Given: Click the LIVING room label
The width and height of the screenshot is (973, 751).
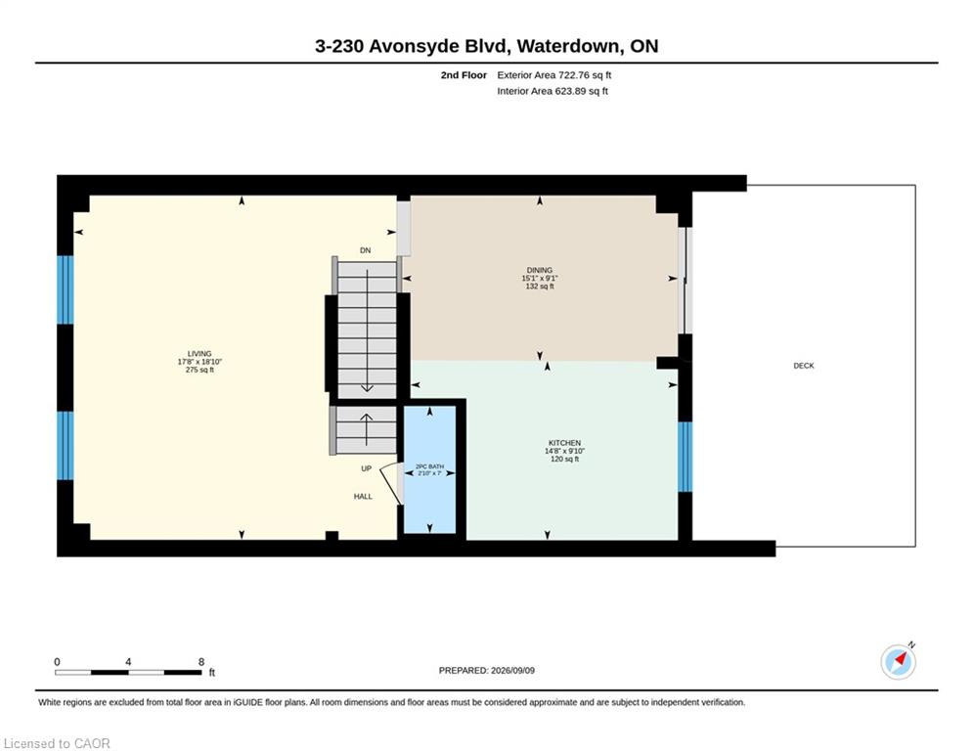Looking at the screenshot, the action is click(199, 354).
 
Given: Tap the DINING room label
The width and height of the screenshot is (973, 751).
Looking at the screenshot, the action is click(539, 270).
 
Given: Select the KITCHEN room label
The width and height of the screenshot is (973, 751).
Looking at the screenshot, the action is click(564, 443).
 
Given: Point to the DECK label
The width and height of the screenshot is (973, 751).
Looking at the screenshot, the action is click(804, 366).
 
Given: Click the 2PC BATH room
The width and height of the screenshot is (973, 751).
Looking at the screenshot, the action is click(429, 469).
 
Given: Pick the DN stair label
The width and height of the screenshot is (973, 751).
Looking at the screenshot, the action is click(366, 250).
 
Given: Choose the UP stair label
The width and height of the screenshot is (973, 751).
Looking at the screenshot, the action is click(366, 468).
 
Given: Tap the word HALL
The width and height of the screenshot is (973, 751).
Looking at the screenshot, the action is click(363, 497).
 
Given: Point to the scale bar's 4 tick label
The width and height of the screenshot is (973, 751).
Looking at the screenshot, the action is click(128, 662).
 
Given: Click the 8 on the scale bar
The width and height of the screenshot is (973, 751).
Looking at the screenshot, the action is click(201, 662).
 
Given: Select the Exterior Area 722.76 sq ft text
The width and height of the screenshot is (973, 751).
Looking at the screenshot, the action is click(554, 75).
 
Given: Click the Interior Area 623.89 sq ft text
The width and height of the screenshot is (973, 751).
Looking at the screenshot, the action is click(553, 91).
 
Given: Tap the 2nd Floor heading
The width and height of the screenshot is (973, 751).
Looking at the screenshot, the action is click(464, 75).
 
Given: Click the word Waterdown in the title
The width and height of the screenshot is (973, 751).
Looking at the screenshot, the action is click(568, 46).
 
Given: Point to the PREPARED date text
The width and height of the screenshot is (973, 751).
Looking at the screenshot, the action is click(487, 670).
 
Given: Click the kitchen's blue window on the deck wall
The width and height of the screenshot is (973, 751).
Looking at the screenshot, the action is click(685, 457).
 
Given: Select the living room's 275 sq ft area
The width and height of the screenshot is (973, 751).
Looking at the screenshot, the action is click(199, 370).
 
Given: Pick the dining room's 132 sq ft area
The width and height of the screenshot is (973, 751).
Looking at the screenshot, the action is click(539, 287).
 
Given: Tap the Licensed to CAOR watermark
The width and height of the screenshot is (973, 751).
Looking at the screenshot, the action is click(57, 743).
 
